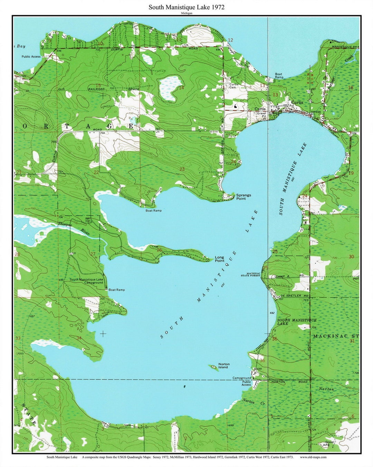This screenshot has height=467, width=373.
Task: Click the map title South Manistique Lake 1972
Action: [186, 7]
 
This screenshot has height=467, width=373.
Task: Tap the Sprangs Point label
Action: [243, 197]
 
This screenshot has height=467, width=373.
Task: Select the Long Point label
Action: [219, 259]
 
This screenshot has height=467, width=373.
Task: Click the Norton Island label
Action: [223, 366]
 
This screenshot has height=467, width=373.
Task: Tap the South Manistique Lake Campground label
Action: [86, 281]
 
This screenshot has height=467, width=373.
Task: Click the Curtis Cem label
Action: [234, 86]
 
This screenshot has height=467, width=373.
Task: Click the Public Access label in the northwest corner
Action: [31, 56]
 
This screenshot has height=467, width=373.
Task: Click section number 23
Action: [182, 169]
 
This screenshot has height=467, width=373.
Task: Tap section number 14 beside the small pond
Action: [181, 88]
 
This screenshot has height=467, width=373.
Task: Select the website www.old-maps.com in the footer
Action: [313, 457]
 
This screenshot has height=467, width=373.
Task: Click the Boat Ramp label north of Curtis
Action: [279, 76]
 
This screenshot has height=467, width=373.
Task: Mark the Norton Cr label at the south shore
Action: [248, 402]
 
